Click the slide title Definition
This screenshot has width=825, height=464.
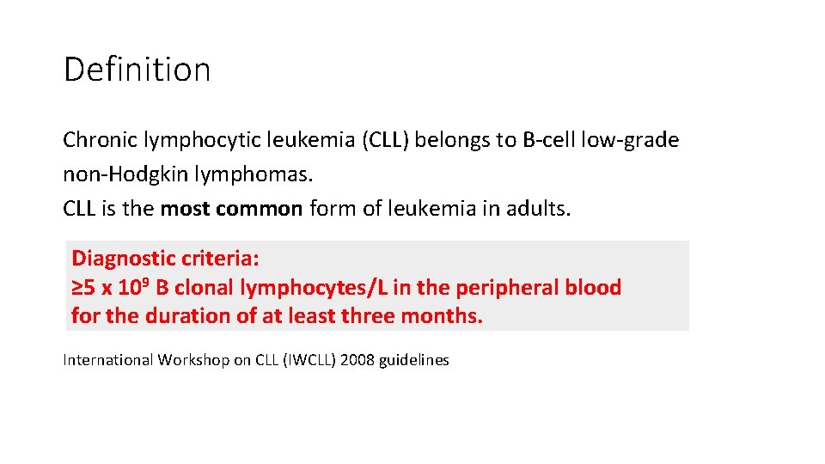pyautogui.click(x=137, y=70)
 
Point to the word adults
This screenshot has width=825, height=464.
pyautogui.click(x=540, y=209)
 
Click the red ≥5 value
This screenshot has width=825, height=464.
pyautogui.click(x=83, y=287)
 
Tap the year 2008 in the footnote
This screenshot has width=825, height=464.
pyautogui.click(x=357, y=360)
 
